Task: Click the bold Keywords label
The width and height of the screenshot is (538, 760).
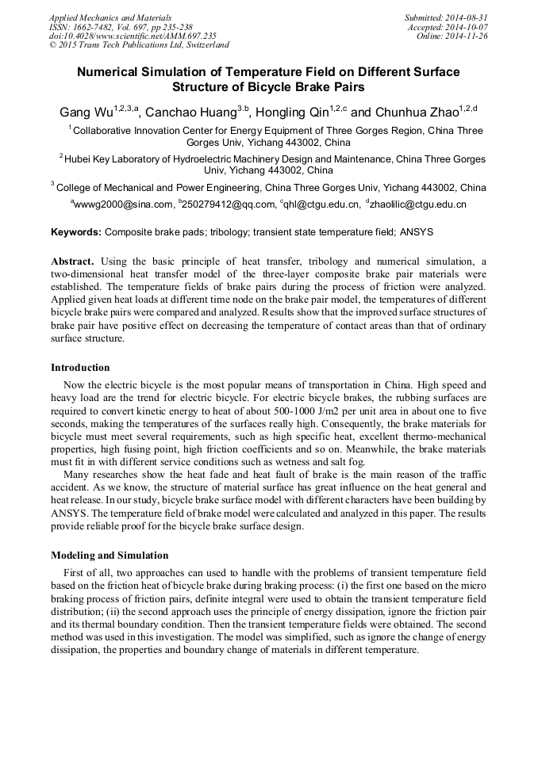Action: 76,232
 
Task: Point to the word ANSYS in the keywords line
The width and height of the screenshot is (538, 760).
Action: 416,232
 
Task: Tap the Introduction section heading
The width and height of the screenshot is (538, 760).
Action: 80,368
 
